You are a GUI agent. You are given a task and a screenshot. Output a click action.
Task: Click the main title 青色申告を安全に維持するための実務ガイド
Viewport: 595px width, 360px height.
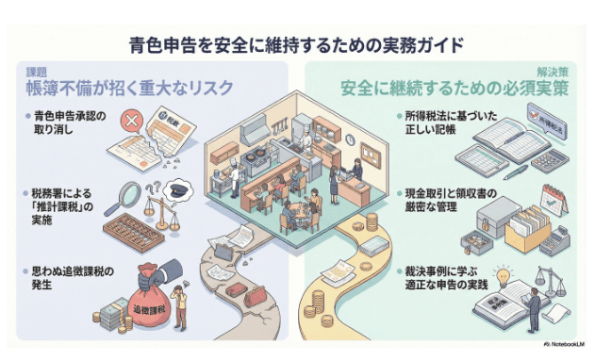point(298,44)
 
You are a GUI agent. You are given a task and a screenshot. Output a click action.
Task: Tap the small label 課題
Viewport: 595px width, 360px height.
point(36,71)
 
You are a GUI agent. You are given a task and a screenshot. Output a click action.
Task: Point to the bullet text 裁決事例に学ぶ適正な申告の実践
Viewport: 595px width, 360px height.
point(437,277)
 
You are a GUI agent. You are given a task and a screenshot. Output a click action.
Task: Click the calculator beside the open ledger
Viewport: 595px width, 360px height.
point(546,160)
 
